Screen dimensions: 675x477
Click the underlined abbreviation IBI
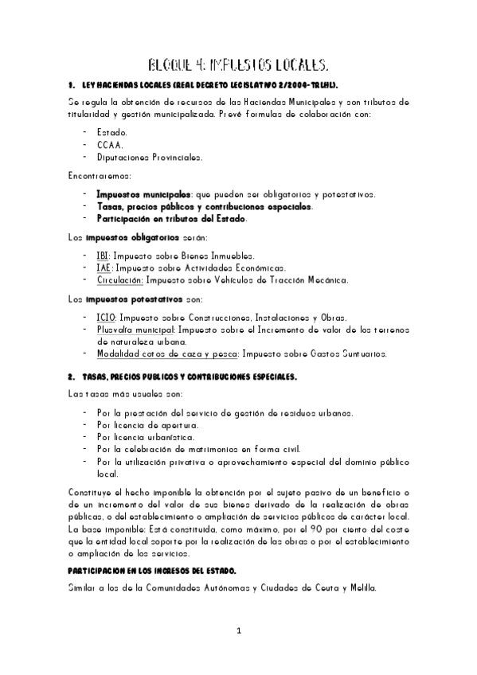(103, 256)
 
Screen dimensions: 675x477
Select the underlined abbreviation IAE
(104, 267)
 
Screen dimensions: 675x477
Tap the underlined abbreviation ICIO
(105, 317)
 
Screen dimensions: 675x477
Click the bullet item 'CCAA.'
(110, 144)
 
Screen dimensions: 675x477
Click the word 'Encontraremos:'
(100, 175)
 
